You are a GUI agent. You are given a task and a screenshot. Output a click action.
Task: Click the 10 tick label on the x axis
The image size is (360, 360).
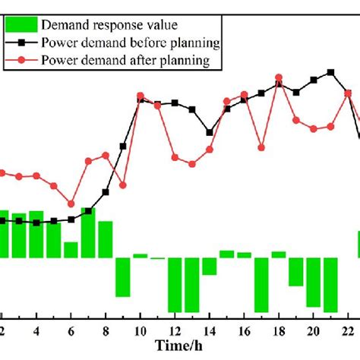click(140, 331)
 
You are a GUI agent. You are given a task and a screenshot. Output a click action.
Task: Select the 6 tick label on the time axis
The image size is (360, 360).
click(71, 331)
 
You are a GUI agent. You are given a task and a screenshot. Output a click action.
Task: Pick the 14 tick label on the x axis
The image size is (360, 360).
click(209, 331)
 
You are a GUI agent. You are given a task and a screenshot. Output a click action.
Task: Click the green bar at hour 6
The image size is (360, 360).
click(71, 250)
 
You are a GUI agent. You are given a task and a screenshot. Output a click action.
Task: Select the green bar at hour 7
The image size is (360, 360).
click(88, 232)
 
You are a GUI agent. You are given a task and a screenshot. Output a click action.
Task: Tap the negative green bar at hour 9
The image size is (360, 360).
click(122, 277)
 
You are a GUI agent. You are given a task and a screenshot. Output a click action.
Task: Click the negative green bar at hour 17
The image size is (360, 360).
click(261, 285)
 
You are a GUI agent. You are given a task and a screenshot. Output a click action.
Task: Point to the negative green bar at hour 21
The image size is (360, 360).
click(330, 285)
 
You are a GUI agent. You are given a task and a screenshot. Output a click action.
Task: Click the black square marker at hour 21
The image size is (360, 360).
click(330, 73)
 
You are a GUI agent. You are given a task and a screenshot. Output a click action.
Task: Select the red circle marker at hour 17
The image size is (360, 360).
click(261, 147)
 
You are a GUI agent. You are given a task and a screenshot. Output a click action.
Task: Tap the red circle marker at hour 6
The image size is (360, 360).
click(71, 204)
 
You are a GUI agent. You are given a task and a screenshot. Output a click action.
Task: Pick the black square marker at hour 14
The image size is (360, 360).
click(209, 131)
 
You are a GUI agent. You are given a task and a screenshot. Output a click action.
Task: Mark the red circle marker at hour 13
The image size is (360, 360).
click(191, 163)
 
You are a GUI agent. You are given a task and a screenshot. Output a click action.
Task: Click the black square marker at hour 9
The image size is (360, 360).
click(122, 147)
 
